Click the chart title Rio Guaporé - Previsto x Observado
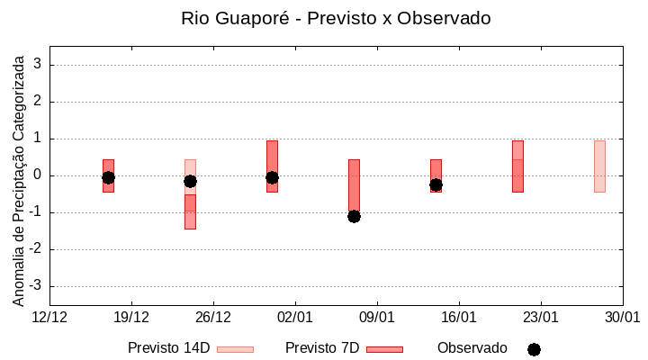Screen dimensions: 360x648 [336, 19]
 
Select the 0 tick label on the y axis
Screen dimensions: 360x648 [39, 175]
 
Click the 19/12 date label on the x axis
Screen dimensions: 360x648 [131, 317]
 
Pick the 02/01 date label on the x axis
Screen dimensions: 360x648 [295, 317]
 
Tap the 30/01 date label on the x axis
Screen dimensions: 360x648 [622, 317]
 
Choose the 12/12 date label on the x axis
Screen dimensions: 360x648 [49, 317]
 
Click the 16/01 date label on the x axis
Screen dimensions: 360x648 [459, 317]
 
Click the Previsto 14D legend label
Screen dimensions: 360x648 [168, 348]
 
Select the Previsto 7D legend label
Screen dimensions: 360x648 [322, 348]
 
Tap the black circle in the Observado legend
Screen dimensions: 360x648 [534, 349]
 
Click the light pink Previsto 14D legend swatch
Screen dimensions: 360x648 [235, 349]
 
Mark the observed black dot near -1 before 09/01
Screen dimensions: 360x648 [354, 216]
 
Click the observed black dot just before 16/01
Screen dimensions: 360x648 [436, 184]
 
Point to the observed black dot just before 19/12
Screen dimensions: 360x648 [108, 177]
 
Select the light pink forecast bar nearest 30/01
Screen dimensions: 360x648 [599, 166]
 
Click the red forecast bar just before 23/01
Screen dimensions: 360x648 [517, 166]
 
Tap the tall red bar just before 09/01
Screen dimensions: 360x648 [354, 184]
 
